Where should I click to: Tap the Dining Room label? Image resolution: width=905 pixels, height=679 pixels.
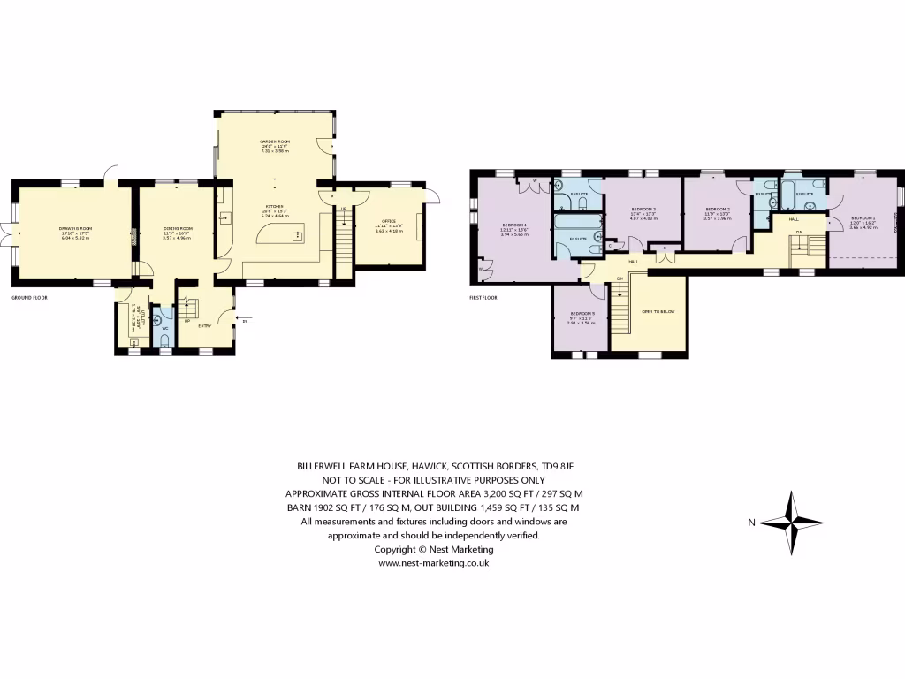pos(178,228)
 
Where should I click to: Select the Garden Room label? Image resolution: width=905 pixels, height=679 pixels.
pos(274,141)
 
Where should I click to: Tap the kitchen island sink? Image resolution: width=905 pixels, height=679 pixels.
pos(298,236)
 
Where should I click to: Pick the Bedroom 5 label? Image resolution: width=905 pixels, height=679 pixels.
pos(582,314)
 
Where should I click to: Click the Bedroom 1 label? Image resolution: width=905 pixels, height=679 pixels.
pos(863,217)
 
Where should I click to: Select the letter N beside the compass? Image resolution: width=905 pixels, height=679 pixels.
pos(751,523)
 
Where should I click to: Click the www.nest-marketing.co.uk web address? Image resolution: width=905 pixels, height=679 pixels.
pos(433,562)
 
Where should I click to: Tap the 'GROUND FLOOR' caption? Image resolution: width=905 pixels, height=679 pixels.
pos(29,298)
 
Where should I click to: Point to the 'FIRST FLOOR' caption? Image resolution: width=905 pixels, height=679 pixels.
pos(483,298)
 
